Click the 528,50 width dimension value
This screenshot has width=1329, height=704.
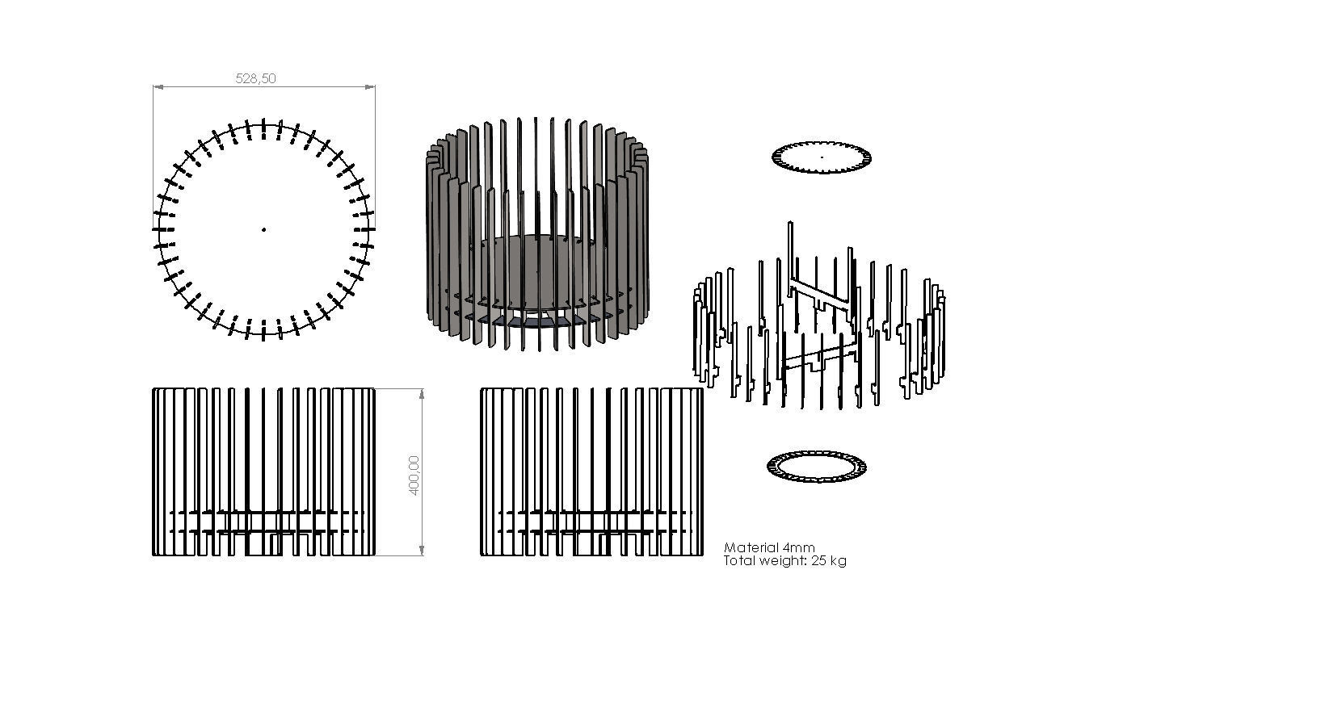click(255, 78)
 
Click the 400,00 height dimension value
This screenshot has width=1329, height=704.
click(414, 475)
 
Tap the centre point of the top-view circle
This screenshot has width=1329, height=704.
click(263, 229)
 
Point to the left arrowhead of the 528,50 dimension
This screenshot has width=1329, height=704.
click(158, 86)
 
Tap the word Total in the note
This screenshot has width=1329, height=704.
click(738, 560)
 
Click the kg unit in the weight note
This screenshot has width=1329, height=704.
click(839, 560)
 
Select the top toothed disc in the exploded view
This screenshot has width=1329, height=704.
click(822, 157)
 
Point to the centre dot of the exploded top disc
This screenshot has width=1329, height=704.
click(822, 157)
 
